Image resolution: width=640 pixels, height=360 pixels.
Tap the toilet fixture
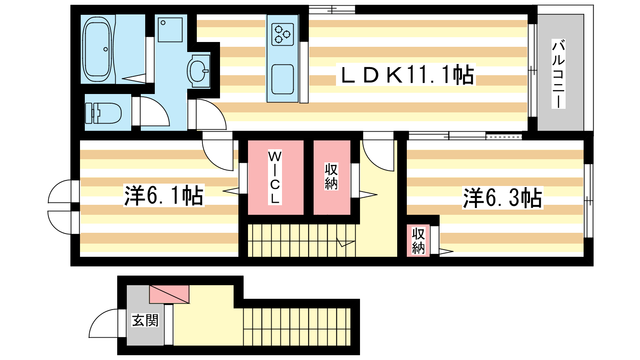(104, 113)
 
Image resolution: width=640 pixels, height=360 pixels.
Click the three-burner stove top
(282, 34)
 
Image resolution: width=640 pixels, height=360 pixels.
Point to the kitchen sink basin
(282, 79)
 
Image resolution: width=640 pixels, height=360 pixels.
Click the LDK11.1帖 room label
(406, 74)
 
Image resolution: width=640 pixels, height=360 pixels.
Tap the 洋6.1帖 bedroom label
(164, 196)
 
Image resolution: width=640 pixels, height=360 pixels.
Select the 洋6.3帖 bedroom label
(502, 198)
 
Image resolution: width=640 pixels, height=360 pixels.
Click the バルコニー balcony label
(558, 74)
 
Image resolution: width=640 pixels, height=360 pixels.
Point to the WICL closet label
(275, 177)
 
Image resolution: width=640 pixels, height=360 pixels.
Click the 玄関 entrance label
(145, 320)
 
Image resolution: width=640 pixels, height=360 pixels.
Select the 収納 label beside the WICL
(332, 176)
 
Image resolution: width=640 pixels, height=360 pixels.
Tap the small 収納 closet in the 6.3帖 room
(418, 240)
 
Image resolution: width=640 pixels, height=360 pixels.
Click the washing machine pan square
(170, 30)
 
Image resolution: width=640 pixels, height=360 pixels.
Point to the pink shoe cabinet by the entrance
(169, 294)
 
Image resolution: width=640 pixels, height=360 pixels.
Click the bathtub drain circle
(106, 49)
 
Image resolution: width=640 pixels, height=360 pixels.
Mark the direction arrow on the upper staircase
(346, 242)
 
